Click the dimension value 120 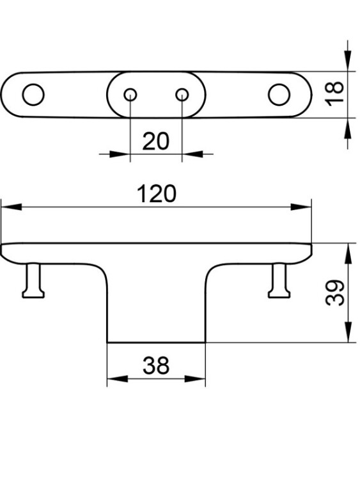tap(157, 194)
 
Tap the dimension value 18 tap(334, 94)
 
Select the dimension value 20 tap(155, 141)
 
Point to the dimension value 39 tap(334, 292)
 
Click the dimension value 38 tap(156, 365)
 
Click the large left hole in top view tap(33, 95)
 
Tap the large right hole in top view tap(279, 95)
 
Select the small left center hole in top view tap(130, 95)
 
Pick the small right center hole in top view tap(182, 95)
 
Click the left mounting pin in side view tap(33, 280)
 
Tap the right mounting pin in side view tap(279, 280)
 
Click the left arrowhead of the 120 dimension tap(12, 207)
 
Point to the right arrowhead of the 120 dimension tap(301, 207)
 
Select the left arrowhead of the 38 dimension tap(118, 379)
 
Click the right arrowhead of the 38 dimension tap(195, 379)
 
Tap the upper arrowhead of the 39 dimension tap(348, 253)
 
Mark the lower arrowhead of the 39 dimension tap(348, 332)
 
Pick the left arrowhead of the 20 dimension tap(120, 154)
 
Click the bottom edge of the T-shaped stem tap(156, 342)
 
